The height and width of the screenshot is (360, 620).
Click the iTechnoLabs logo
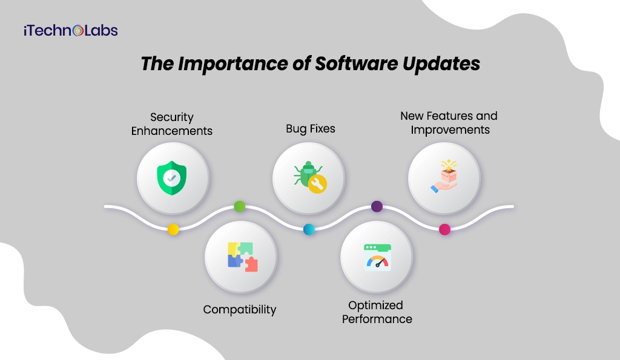(71, 30)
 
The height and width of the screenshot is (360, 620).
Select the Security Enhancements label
(172, 123)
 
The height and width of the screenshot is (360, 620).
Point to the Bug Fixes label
(311, 129)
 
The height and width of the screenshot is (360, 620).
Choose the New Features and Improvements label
(449, 122)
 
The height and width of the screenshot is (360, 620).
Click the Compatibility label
(240, 309)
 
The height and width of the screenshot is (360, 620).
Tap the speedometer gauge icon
(377, 257)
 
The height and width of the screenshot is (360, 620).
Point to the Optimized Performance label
(377, 312)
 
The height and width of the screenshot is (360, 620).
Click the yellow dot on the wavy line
(173, 229)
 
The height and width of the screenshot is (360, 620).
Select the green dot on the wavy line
(239, 206)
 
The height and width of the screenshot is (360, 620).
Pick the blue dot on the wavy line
(309, 229)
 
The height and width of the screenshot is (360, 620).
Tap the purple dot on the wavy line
(377, 206)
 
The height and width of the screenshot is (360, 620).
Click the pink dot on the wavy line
(444, 229)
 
